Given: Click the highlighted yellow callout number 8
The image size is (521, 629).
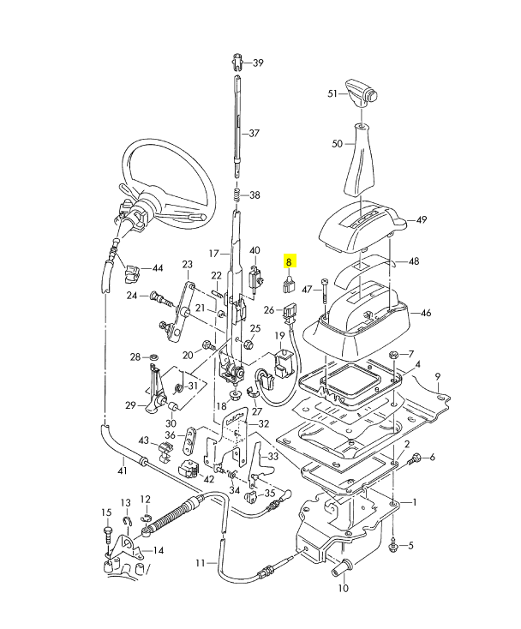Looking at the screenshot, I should (290, 262).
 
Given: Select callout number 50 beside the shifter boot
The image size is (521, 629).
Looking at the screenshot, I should (337, 144).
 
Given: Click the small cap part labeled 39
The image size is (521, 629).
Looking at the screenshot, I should (237, 61).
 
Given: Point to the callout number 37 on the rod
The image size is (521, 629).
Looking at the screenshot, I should (254, 134).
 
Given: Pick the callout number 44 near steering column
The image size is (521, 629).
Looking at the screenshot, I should (157, 268).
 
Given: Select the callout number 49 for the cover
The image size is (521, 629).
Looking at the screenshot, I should (421, 220).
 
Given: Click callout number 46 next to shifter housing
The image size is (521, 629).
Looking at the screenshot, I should (425, 314).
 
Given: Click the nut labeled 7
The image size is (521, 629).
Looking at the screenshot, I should (392, 355).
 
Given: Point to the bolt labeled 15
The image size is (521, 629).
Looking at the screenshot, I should (106, 532).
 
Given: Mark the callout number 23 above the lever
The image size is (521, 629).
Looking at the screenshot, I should (187, 265).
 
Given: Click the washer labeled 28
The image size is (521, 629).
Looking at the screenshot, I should (153, 356).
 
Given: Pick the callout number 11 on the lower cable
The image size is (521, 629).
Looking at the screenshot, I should (200, 563).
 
